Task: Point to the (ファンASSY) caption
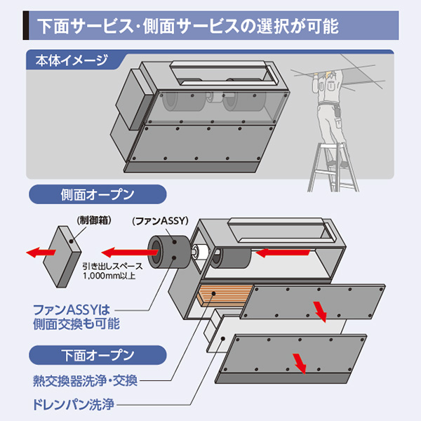[161, 220]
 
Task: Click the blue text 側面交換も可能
[76, 324]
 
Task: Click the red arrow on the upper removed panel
[320, 309]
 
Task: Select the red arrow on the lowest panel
[300, 363]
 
